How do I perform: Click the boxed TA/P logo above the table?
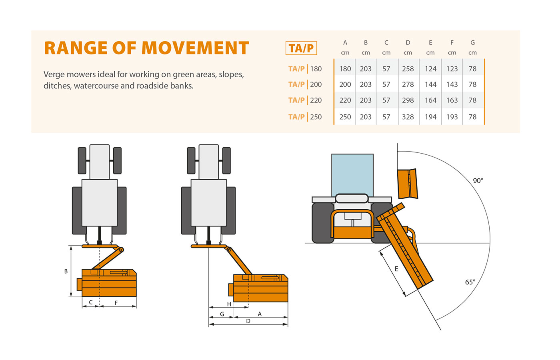pos(301,48)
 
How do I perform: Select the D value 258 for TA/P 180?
pos(408,69)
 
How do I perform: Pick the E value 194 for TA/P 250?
pos(430,117)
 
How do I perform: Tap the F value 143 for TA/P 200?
pos(452,84)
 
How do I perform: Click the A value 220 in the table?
pos(345,100)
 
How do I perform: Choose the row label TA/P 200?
pos(305,84)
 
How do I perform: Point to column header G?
pos(472,42)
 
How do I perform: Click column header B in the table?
pos(366,42)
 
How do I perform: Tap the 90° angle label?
pos(478,181)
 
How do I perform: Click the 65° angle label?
pos(470,282)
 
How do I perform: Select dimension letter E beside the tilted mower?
pos(396,269)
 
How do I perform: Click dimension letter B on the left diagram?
pos(66,271)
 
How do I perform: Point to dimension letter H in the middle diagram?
pos(229,304)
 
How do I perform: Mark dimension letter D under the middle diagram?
pos(248,321)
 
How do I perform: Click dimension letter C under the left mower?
pos(91,302)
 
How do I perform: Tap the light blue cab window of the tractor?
pos(352,174)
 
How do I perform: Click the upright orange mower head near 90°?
pos(407,184)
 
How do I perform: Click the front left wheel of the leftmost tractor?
pos(82,160)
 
